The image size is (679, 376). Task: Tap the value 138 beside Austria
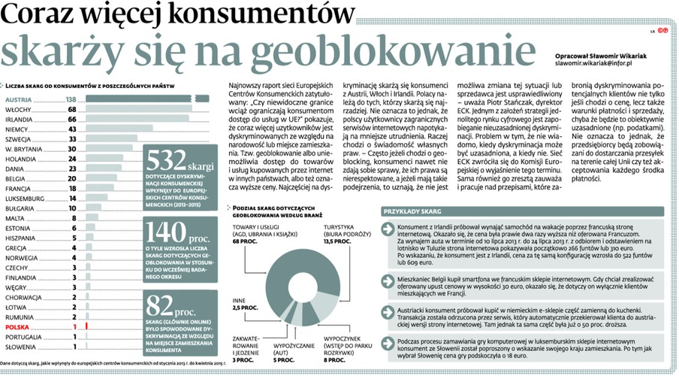tap(72, 99)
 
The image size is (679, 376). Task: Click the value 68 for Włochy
tap(73, 109)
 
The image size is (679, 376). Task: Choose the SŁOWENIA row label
tap(23, 347)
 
